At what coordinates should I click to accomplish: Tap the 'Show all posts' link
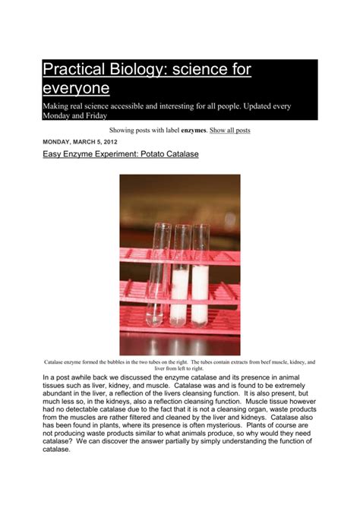click(x=229, y=131)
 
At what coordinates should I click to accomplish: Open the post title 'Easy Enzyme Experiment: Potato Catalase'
click(x=120, y=155)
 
